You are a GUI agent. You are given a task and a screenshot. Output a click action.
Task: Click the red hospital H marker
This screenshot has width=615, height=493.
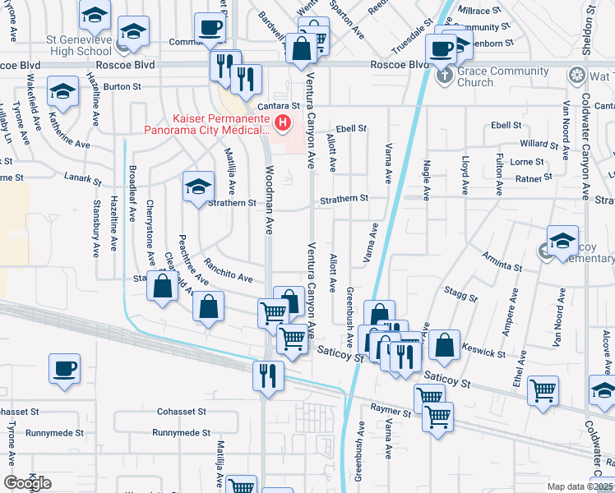283,124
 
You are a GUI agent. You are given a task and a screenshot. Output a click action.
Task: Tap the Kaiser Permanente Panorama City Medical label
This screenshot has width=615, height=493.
207,124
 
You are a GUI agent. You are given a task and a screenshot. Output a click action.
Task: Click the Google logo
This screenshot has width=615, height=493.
28,482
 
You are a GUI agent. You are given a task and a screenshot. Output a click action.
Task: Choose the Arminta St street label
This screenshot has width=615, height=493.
502,261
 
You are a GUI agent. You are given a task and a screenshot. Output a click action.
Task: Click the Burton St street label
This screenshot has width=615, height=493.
122,85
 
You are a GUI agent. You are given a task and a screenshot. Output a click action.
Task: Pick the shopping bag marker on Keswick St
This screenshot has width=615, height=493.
444,347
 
